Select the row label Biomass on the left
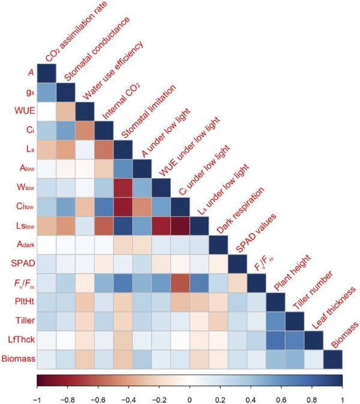[17, 359]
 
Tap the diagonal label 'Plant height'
[292, 276]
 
